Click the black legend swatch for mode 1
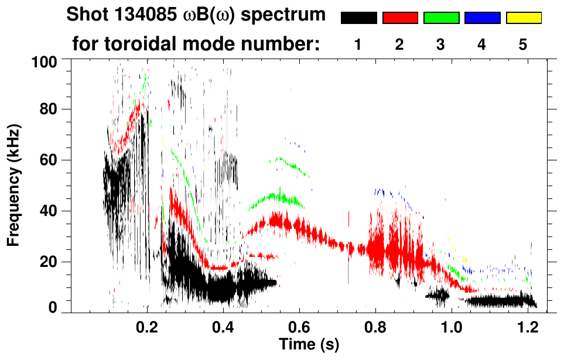tap(359, 18)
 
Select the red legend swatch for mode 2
tap(400, 18)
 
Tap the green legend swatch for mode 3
tap(441, 18)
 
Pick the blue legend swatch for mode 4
tap(482, 18)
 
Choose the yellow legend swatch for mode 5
tap(523, 18)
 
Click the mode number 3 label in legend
tap(441, 44)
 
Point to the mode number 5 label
tap(523, 44)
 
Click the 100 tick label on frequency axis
tap(44, 61)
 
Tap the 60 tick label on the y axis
tap(47, 160)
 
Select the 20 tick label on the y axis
tap(47, 262)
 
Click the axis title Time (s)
tap(308, 344)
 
